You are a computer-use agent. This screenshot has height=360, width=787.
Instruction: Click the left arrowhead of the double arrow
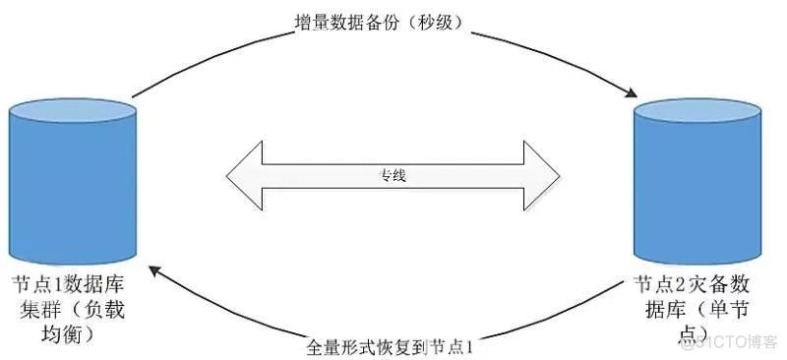point(245,177)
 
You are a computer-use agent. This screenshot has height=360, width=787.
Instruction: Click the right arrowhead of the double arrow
point(542,177)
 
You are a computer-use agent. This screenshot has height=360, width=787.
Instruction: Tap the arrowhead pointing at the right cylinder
point(628,93)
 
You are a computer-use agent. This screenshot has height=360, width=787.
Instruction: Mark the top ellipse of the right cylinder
point(698,109)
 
